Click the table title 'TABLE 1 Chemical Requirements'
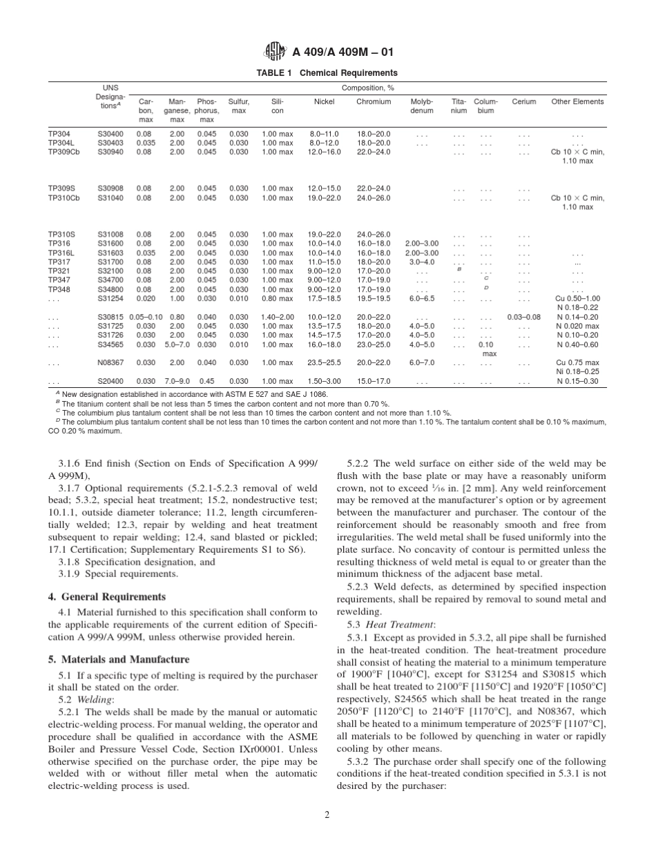tap(327, 73)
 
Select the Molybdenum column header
tap(422, 106)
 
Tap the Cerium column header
tap(524, 101)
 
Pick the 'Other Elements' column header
tap(577, 101)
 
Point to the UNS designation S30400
tap(110, 134)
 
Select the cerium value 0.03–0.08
tap(523, 317)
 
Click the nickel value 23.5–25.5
tap(325, 362)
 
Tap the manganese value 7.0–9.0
tap(177, 381)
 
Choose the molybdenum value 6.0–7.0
tap(422, 362)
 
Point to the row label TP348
tap(59, 289)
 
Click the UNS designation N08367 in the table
tap(110, 362)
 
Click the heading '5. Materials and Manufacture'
tap(118, 659)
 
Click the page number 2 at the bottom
tap(327, 814)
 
